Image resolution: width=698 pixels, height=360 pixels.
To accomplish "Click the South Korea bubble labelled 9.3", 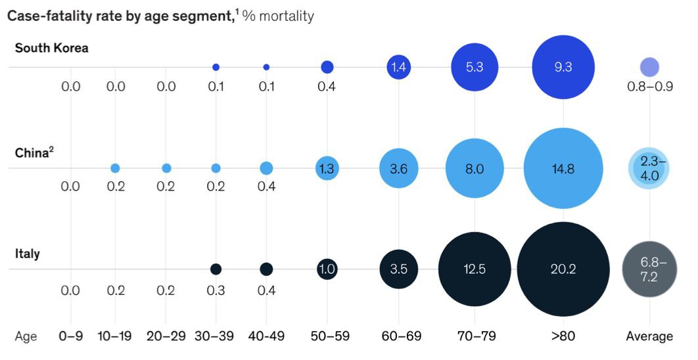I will tap(563, 67).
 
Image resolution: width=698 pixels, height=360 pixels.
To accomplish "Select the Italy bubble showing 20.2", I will tap(563, 269).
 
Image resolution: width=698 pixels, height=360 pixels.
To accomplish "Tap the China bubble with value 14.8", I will tap(563, 168).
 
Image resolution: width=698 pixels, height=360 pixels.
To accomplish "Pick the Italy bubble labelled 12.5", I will tap(475, 269).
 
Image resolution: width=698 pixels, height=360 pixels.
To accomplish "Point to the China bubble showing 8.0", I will tap(475, 168).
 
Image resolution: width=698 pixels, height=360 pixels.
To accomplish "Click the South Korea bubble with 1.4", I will tap(398, 67).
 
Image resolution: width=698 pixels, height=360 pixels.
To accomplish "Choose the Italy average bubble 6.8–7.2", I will tap(649, 269).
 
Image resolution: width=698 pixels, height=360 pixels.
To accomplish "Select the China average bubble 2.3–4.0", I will tap(649, 168).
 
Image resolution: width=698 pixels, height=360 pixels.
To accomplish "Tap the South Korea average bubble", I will tap(649, 67).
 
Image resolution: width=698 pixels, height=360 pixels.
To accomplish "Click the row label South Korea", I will tap(51, 48).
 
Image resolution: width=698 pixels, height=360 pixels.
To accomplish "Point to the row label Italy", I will tap(27, 254).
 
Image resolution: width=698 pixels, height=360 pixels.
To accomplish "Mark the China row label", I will tap(32, 152).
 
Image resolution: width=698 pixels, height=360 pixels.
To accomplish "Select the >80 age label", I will tap(563, 336).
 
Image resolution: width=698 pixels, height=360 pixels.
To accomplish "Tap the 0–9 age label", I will tap(70, 336).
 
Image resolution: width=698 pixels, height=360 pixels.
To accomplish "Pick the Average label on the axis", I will tap(649, 336).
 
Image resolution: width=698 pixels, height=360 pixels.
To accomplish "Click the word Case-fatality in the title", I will tap(47, 16).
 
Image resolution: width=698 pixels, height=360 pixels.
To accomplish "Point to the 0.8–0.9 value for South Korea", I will tap(649, 86).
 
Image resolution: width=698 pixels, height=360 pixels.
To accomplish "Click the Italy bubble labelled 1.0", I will tap(327, 269).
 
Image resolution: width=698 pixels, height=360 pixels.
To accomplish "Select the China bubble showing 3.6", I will tap(398, 168).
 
